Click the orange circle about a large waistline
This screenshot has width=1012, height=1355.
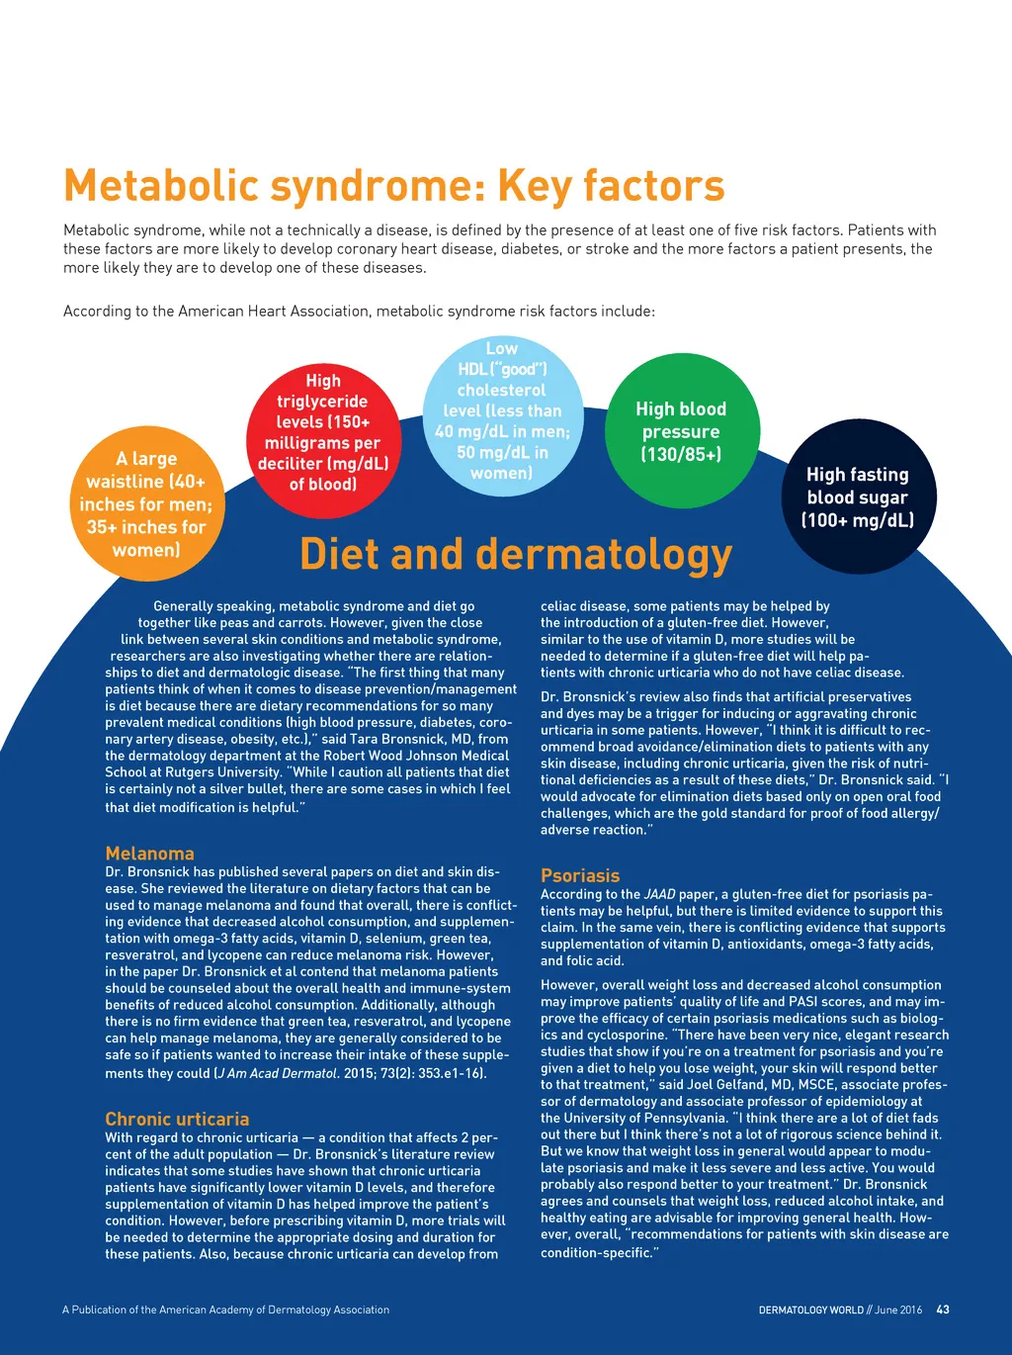click(146, 503)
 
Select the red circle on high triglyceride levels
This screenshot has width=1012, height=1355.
click(322, 432)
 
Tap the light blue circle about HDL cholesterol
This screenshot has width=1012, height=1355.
click(501, 410)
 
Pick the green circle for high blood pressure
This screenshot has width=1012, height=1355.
click(681, 431)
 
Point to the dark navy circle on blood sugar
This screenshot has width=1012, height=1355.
click(857, 497)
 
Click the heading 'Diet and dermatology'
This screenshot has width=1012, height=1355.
click(515, 555)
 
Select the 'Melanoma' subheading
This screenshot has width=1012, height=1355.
click(149, 854)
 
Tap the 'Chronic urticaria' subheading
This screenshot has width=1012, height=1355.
click(177, 1119)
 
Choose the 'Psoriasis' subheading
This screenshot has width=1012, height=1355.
click(580, 875)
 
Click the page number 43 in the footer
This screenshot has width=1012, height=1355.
click(943, 1310)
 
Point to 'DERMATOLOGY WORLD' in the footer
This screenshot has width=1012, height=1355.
click(810, 1310)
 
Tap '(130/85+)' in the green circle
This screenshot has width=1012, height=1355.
click(681, 455)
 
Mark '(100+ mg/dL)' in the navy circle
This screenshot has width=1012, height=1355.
click(857, 520)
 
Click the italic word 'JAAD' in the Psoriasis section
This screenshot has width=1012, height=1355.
click(659, 894)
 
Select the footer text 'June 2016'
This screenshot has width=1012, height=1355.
click(898, 1310)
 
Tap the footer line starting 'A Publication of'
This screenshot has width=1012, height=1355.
click(225, 1310)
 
